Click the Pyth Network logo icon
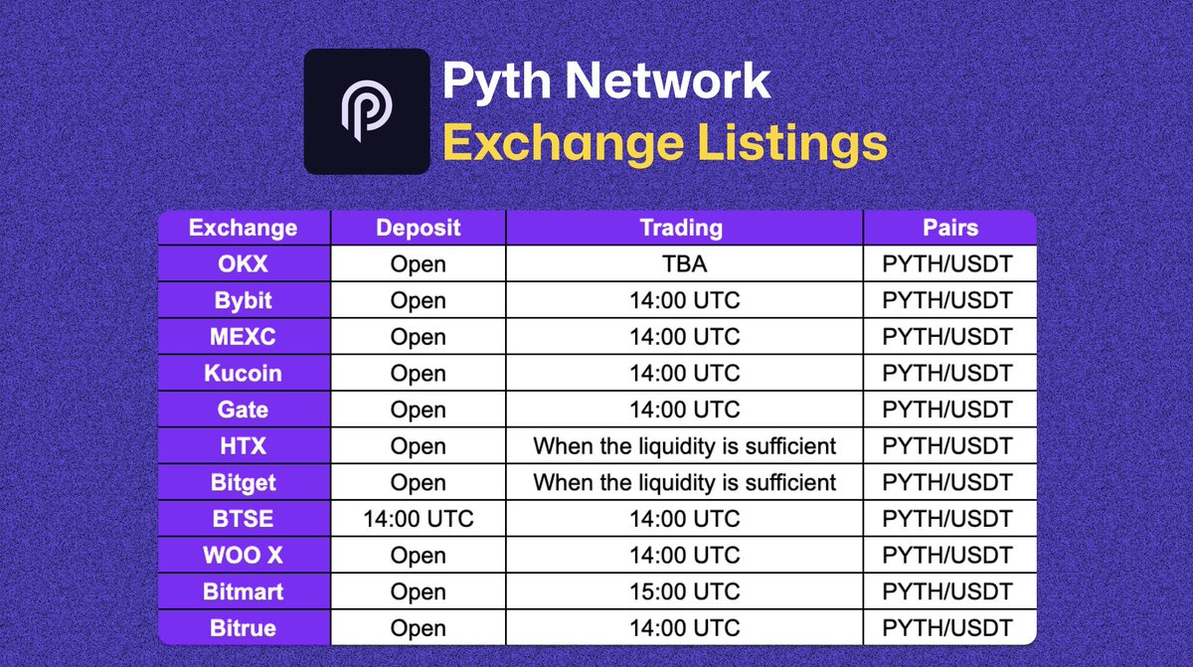367,111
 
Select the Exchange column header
243,228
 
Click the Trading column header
684,228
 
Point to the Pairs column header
948,228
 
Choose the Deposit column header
418,228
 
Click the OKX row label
243,264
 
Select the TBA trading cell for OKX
684,264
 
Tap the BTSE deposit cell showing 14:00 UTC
418,519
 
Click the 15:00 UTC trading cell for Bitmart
684,591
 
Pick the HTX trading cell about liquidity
684,446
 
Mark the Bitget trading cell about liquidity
684,483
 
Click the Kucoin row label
243,374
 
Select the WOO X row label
243,556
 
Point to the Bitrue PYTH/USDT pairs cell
948,628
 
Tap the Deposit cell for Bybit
418,301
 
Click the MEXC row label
243,337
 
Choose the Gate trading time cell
684,410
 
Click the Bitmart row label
243,591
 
